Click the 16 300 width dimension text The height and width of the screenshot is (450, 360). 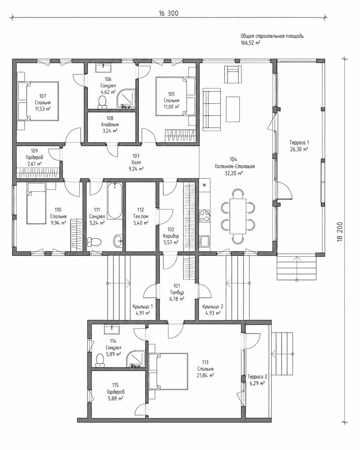pos(168,13)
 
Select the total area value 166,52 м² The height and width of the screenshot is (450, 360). pos(250,43)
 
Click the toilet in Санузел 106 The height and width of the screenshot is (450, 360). pos(102,102)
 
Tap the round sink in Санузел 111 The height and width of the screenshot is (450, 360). pos(118,241)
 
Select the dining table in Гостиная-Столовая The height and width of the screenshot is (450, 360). pos(238,216)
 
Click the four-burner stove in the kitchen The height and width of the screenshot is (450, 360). pos(204,216)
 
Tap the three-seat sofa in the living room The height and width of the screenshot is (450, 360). pos(211,109)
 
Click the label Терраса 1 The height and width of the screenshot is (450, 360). pos(299,143)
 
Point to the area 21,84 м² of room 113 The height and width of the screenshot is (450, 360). pos(205,375)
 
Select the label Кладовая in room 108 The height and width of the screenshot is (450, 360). pos(110,125)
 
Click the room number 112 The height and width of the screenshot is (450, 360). pos(141,210)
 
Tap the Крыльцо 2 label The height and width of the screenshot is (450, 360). pos(213,307)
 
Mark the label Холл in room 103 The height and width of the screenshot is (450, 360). pos(136,162)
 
